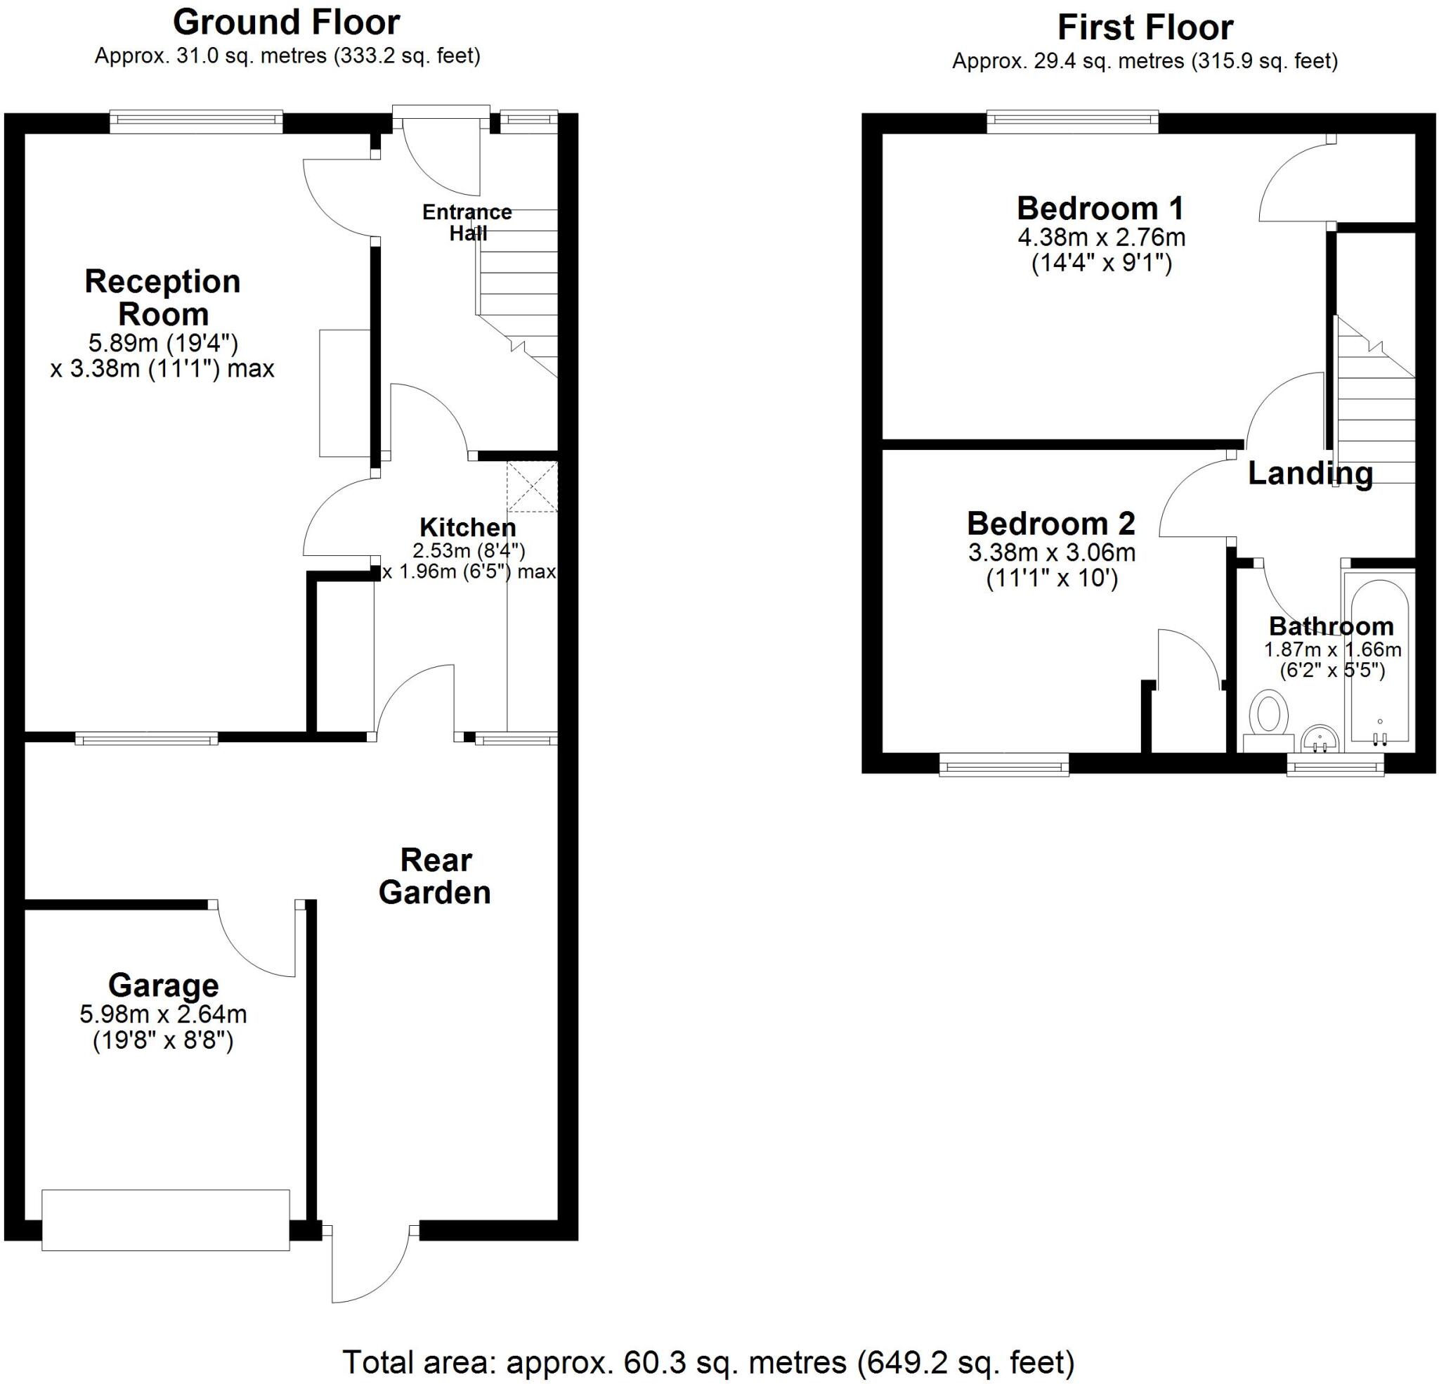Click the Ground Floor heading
287,22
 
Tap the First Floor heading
1145,28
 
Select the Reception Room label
163,297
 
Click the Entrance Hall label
467,223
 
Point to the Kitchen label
468,527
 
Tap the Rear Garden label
435,876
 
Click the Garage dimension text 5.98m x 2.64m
163,1014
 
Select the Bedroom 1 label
1100,209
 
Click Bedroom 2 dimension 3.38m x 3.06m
1051,552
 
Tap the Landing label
1310,473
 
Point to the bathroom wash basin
1320,738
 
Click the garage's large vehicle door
165,1220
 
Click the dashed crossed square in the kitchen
533,486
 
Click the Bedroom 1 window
1073,121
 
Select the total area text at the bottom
708,1363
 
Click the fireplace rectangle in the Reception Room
344,393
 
